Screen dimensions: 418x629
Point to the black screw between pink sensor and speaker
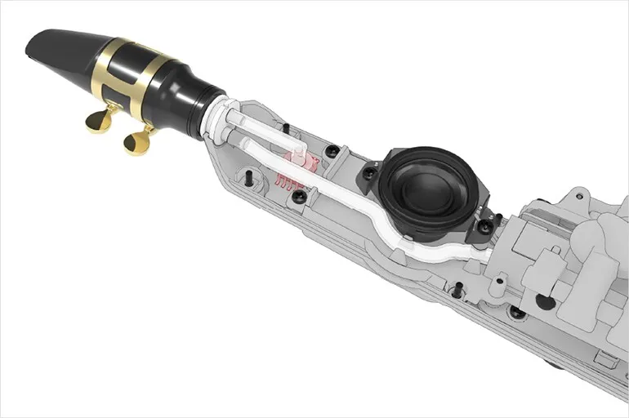pyautogui.click(x=332, y=151)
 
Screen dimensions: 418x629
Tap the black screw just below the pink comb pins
pyautogui.click(x=300, y=197)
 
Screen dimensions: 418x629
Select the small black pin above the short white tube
pyautogui.click(x=286, y=127)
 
